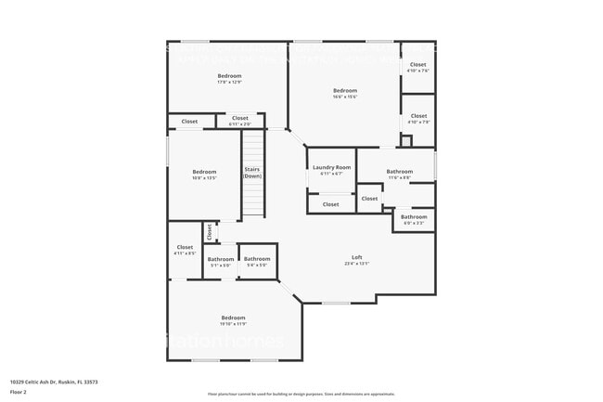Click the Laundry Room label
pos(331,167)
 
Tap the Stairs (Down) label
pos(252,172)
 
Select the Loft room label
pos(356,257)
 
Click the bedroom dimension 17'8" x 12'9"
pos(229,82)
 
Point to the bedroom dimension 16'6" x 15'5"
pos(345,97)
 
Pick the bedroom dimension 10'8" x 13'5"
pos(204,177)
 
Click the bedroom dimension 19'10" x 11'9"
pos(233,323)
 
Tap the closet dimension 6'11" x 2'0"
pos(239,124)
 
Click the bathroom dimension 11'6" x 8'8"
pos(400,176)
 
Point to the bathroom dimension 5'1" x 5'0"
pos(221,265)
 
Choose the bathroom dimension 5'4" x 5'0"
pos(257,265)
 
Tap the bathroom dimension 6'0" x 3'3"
pos(414,223)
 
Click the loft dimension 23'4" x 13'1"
pos(356,264)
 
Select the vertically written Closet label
pos(210,230)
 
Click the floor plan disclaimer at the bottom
pos(301,393)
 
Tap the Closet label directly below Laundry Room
pos(331,204)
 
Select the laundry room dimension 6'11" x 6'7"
pos(331,174)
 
